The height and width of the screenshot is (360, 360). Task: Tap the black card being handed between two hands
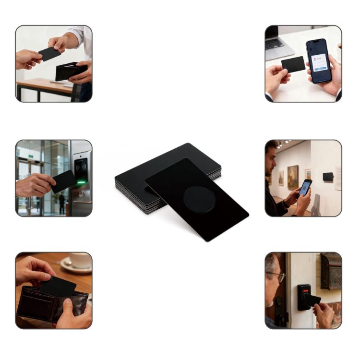coord(49,53)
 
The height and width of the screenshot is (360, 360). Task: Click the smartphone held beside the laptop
coord(319,60)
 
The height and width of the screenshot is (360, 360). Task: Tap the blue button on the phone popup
coord(319,69)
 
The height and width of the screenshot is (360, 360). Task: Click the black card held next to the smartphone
coord(293,64)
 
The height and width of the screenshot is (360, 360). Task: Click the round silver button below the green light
coord(81,193)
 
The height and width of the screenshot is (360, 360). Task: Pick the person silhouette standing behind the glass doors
coord(61,202)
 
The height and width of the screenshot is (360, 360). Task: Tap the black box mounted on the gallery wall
coord(328,177)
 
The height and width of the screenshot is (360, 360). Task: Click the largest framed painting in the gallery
coord(292,176)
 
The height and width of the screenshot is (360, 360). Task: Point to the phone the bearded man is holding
coord(305,187)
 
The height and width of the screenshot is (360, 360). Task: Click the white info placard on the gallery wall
coord(338,178)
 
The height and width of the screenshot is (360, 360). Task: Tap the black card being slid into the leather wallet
coord(58,286)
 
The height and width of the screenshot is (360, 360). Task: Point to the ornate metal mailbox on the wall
coord(331,271)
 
